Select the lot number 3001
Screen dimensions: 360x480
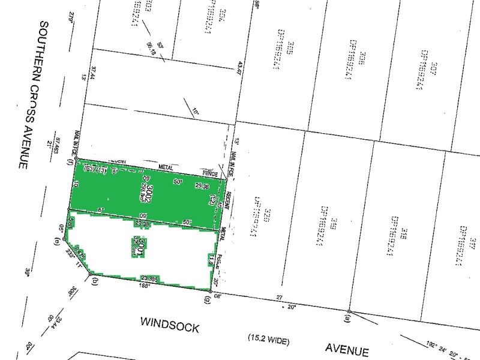tap(138, 245)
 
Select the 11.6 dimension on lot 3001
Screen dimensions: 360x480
tap(211, 259)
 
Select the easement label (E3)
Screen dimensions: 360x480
tap(89, 170)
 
